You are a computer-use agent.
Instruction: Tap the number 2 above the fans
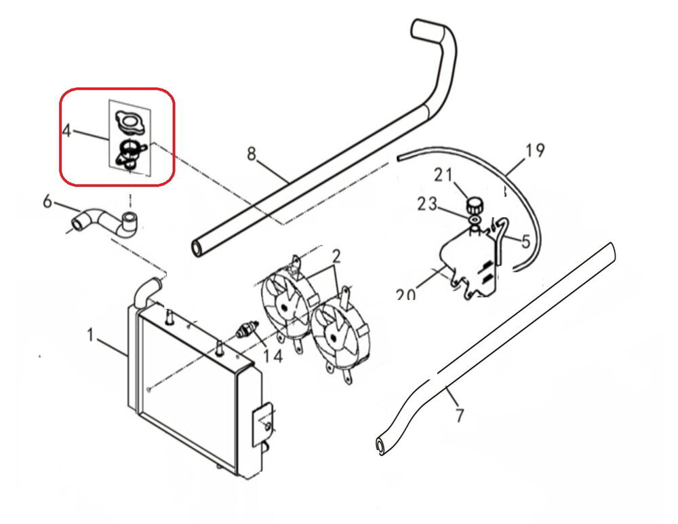[336, 257]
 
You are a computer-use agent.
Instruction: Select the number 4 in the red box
[66, 130]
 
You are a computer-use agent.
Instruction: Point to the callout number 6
[47, 201]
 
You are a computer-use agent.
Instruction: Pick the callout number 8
[252, 154]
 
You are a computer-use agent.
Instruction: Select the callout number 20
[405, 295]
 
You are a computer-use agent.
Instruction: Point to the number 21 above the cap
[443, 175]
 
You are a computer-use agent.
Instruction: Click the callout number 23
[427, 204]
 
